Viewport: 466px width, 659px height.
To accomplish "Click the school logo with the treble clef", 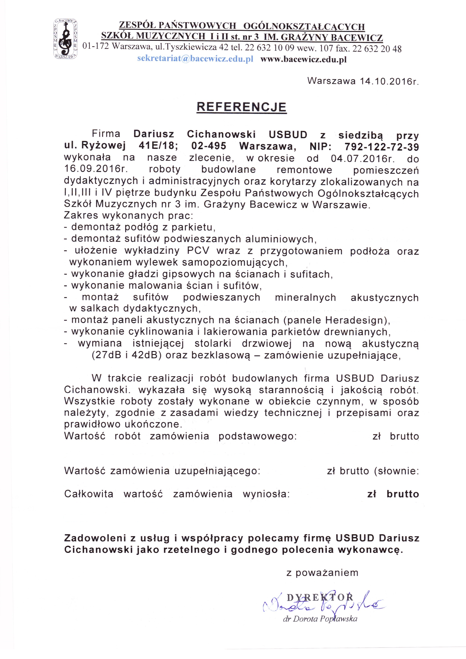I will click(65, 39).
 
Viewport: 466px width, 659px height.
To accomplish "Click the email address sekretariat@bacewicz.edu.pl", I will click(195, 59).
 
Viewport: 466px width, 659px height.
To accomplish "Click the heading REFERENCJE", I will click(242, 107).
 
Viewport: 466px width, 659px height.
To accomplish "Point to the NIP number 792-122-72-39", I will click(382, 147).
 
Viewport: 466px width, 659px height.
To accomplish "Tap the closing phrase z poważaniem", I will click(322, 573).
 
